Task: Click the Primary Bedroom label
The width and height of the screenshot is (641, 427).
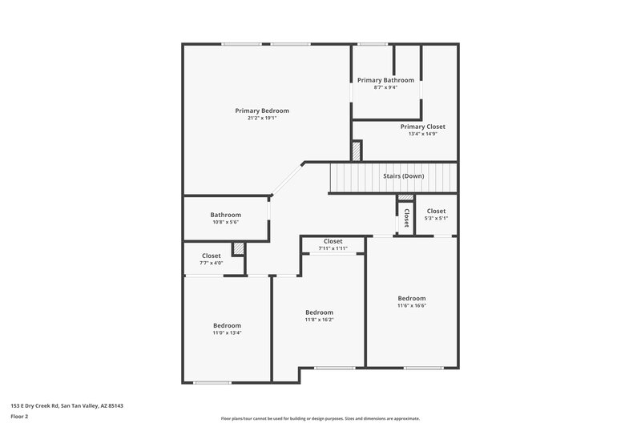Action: pos(262,111)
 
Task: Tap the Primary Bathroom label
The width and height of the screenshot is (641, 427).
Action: pos(385,80)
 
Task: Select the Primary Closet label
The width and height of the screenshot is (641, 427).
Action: pos(422,127)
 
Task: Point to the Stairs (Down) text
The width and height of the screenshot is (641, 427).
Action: pos(403,175)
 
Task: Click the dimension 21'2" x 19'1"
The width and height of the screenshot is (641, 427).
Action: pos(262,119)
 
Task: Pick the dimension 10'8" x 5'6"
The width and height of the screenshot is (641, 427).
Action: pos(225,222)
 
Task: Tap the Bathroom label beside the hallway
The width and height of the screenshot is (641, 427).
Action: pos(225,215)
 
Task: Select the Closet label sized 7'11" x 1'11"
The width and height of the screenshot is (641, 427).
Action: pos(333,241)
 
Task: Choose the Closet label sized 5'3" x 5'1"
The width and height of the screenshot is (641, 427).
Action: pos(436,211)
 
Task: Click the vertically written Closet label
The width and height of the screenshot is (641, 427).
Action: pos(406,218)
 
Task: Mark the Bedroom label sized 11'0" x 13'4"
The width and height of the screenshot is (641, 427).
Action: pos(227,325)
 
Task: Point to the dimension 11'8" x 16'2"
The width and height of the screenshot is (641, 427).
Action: pos(319,320)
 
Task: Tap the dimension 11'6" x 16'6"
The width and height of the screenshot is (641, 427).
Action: pos(412,305)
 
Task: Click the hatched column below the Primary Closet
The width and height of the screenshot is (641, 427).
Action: pos(357,151)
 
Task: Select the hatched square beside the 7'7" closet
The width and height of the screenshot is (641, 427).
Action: pos(237,248)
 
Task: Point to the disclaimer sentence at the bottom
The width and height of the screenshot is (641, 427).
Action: pos(320,418)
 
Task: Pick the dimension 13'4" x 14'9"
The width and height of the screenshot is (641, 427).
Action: pos(422,134)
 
